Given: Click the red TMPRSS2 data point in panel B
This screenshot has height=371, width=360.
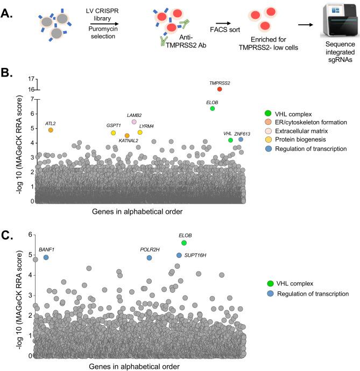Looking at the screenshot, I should (220, 89).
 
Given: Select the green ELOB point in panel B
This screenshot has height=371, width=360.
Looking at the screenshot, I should (213, 108).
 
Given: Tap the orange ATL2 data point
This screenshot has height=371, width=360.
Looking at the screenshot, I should (51, 130).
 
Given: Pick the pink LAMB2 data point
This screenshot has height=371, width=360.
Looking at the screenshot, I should (134, 122).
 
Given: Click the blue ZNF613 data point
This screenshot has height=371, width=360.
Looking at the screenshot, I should (241, 139).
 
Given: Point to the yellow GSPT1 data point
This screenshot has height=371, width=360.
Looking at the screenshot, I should (114, 132).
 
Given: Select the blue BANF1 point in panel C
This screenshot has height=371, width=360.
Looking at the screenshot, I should (46, 257).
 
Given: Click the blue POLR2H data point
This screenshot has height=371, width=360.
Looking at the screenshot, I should (149, 257).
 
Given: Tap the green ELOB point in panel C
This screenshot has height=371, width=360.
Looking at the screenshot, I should (184, 243).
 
